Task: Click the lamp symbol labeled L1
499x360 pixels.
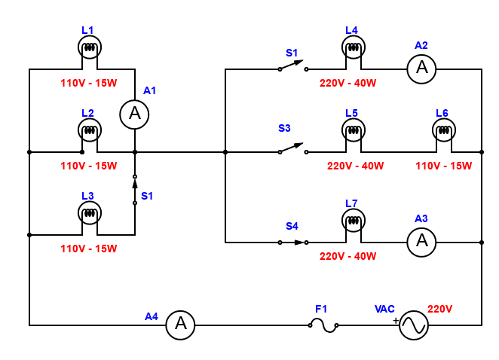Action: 90,47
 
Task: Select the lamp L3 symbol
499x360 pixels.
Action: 90,212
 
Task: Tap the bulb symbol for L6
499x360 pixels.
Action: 444,130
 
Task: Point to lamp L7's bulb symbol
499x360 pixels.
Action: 354,221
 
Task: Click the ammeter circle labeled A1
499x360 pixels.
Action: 134,114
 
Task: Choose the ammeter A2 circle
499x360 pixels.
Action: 421,69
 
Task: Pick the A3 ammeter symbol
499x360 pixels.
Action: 421,243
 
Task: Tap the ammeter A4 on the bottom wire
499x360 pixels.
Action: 180,325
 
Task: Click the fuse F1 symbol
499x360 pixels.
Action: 323,325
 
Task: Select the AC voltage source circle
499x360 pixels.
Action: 414,325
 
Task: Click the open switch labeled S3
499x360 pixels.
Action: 292,148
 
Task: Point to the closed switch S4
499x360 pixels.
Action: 292,243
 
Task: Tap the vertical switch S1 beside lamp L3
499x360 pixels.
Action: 135,190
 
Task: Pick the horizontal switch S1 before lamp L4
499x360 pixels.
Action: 292,66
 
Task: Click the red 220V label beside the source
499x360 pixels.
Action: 439,309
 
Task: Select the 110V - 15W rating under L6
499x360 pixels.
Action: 444,166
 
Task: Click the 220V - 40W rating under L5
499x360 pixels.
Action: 355,166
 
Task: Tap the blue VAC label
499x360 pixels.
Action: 384,309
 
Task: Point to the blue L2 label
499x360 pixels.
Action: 87,113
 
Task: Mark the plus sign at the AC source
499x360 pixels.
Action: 396,321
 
